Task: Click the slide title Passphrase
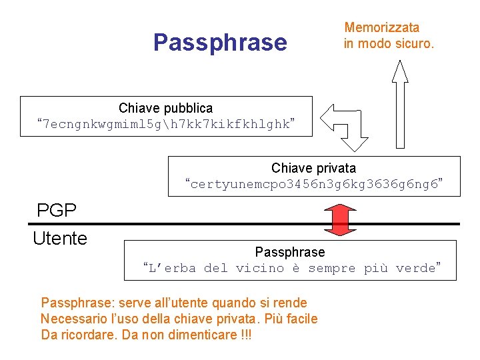220,43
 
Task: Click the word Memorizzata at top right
381,27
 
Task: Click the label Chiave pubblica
165,108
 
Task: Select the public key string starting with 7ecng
166,125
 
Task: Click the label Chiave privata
313,168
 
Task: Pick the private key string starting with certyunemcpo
314,184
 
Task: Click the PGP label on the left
57,211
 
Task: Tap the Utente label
60,238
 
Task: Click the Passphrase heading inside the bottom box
290,252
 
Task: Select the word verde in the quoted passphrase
415,269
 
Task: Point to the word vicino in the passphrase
266,269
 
